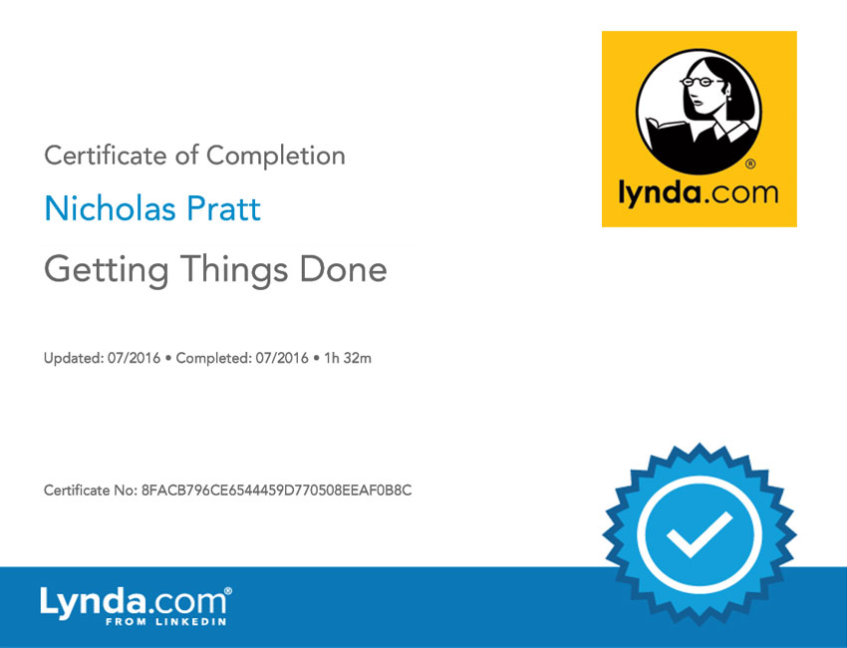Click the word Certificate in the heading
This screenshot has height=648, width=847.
(x=106, y=156)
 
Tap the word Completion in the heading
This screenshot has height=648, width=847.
(x=275, y=157)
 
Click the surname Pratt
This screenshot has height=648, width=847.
(x=223, y=208)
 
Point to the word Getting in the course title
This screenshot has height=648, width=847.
(x=106, y=270)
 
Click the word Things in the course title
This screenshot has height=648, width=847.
(x=234, y=270)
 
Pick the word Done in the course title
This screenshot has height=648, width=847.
(x=343, y=268)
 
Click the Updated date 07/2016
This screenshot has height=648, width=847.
(x=134, y=358)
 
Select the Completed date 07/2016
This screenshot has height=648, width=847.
(x=282, y=358)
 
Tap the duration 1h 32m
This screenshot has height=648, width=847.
(x=348, y=358)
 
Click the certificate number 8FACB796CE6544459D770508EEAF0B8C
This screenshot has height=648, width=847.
(x=276, y=490)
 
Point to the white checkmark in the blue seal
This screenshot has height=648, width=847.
(x=699, y=534)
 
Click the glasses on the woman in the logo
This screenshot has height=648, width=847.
(x=701, y=82)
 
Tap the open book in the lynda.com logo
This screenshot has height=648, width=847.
(x=667, y=136)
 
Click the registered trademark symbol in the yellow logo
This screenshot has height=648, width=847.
(x=750, y=163)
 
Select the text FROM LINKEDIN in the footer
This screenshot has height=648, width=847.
(x=165, y=621)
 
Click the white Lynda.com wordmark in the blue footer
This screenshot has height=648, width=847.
(x=136, y=602)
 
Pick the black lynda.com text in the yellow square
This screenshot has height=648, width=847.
(x=699, y=193)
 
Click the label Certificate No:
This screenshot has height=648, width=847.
(x=91, y=490)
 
